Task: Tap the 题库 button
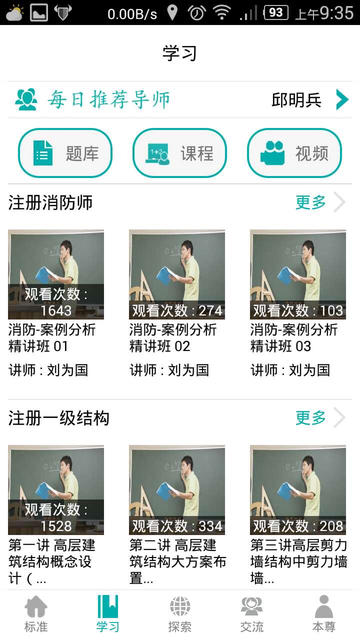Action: tap(65, 153)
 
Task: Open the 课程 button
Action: tap(179, 153)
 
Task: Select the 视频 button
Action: tap(294, 153)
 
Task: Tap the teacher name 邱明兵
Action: tap(296, 100)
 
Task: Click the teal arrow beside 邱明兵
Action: tap(342, 99)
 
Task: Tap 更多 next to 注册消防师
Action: tap(310, 202)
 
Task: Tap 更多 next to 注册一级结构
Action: tap(310, 418)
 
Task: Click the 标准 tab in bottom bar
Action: tap(36, 614)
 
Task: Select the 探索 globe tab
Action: tap(180, 614)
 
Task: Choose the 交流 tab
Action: tap(252, 614)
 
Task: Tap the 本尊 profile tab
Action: tap(324, 614)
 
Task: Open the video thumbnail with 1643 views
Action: tap(56, 274)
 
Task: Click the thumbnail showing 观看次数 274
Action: tap(177, 274)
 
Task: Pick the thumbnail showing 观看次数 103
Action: tap(298, 274)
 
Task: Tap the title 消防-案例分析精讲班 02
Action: tap(173, 338)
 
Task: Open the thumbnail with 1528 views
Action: tap(56, 489)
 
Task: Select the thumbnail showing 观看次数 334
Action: tap(177, 489)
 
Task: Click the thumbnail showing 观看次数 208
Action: tap(298, 489)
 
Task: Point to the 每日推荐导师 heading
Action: tap(109, 99)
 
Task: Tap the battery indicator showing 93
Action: tap(275, 12)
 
